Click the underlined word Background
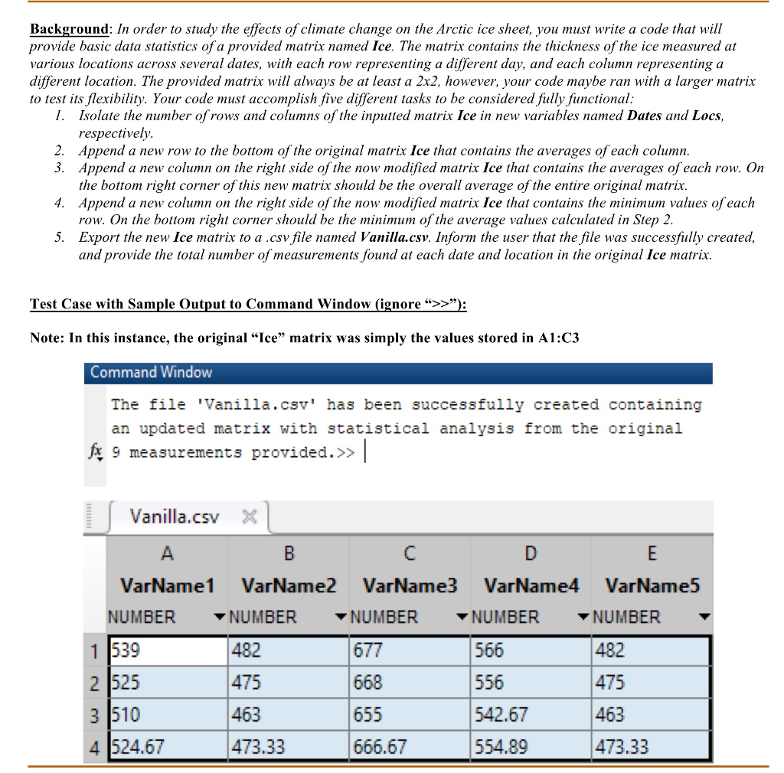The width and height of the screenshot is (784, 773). [x=69, y=29]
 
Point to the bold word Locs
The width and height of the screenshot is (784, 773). [x=706, y=116]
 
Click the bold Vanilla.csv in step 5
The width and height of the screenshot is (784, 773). [x=387, y=237]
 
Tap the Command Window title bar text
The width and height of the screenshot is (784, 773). [x=151, y=373]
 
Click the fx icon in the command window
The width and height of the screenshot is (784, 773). [x=95, y=452]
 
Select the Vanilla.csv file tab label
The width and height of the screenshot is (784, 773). [x=175, y=517]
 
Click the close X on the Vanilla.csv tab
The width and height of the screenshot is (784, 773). [x=248, y=517]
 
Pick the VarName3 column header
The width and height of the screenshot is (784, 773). [x=410, y=586]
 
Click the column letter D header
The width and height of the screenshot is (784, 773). [x=531, y=553]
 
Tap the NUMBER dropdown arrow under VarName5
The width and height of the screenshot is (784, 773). [x=704, y=617]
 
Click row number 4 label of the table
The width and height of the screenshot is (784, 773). [x=93, y=746]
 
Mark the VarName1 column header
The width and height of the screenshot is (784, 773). [x=167, y=586]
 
